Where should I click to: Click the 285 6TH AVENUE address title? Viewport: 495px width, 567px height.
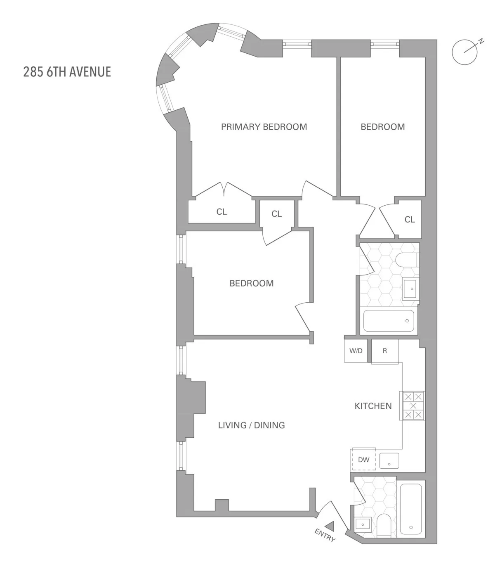pos(67,72)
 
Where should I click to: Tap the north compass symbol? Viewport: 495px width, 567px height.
pos(465,52)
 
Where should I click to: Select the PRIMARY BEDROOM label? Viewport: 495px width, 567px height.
pos(264,127)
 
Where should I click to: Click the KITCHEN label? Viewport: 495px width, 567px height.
pos(373,406)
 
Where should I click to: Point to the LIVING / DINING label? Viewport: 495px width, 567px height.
pos(251,425)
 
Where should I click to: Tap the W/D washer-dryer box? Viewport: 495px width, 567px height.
pos(356,351)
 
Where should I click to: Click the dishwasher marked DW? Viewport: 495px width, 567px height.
pos(363,460)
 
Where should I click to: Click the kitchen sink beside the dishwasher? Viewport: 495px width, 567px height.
pos(389,461)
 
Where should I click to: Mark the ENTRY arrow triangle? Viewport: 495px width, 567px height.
pos(330,526)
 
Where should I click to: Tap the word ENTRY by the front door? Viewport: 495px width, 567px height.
pos(325,535)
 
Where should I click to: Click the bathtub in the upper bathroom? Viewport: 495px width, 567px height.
pos(388,321)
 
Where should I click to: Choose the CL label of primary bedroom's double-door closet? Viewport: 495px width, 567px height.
pos(222,212)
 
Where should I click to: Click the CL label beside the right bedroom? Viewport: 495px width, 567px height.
pos(409,220)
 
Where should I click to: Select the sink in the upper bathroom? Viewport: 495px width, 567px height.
pos(410,289)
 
